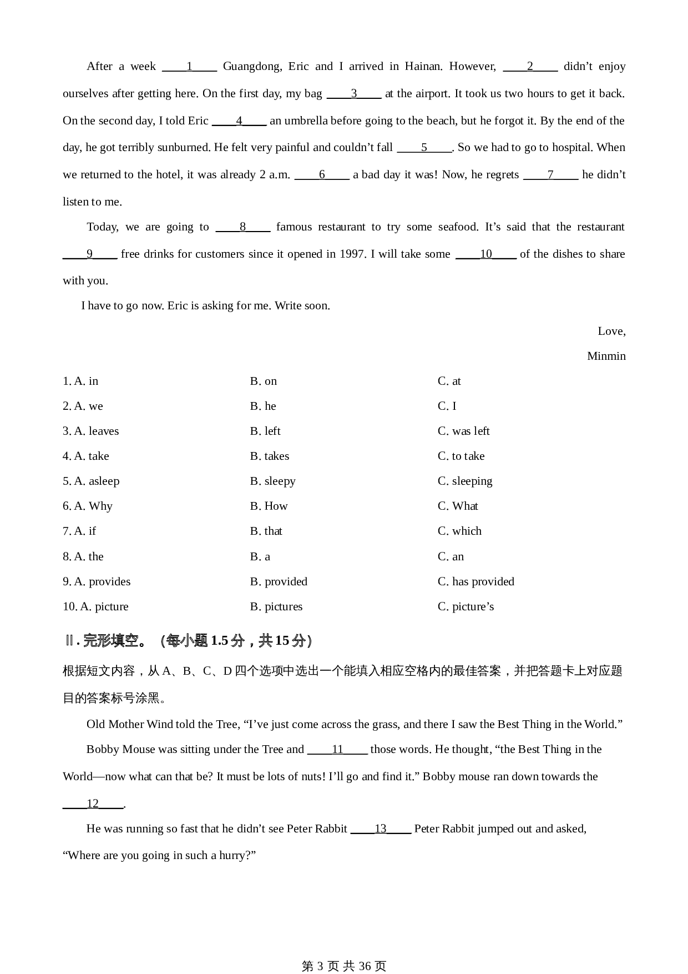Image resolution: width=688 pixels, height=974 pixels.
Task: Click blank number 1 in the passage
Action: pyautogui.click(x=189, y=67)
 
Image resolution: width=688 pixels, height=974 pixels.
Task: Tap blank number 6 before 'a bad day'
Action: pyautogui.click(x=322, y=175)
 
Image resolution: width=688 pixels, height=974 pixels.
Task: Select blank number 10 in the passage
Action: pyautogui.click(x=486, y=254)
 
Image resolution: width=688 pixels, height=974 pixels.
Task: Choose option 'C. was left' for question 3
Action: pyautogui.click(x=463, y=431)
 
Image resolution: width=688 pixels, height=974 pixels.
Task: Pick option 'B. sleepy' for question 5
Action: pyautogui.click(x=272, y=481)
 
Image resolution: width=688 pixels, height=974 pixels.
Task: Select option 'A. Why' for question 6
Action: pyautogui.click(x=88, y=506)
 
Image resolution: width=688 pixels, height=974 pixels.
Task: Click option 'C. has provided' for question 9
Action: pyautogui.click(x=475, y=582)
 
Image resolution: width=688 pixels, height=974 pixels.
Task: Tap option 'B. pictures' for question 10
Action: pyautogui.click(x=276, y=607)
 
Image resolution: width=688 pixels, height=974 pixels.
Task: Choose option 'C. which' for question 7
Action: pyautogui.click(x=459, y=531)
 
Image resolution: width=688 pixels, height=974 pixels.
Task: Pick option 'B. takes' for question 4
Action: pyautogui.click(x=270, y=456)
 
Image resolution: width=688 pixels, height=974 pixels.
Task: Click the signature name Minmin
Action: pyautogui.click(x=606, y=357)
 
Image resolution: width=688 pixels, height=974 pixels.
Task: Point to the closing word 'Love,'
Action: pyautogui.click(x=611, y=332)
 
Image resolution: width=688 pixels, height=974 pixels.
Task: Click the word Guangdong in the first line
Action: pyautogui.click(x=252, y=67)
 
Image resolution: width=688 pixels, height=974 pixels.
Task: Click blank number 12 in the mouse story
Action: pyautogui.click(x=93, y=804)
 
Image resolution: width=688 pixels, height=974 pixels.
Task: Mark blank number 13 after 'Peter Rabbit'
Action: pyautogui.click(x=381, y=829)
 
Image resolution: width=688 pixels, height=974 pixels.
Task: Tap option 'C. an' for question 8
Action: pyautogui.click(x=451, y=557)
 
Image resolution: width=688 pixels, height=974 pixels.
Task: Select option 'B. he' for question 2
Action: pyautogui.click(x=263, y=406)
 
